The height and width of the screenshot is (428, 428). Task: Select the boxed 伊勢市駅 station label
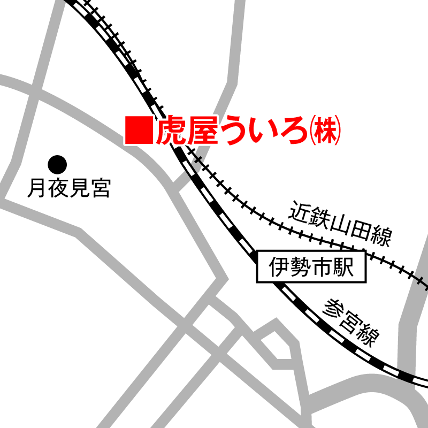[312, 266]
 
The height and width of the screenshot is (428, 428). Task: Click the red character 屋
[202, 131]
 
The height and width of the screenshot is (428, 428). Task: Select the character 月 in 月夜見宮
[36, 188]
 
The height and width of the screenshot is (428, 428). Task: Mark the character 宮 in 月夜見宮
[100, 188]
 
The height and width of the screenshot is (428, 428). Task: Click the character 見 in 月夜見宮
[79, 188]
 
